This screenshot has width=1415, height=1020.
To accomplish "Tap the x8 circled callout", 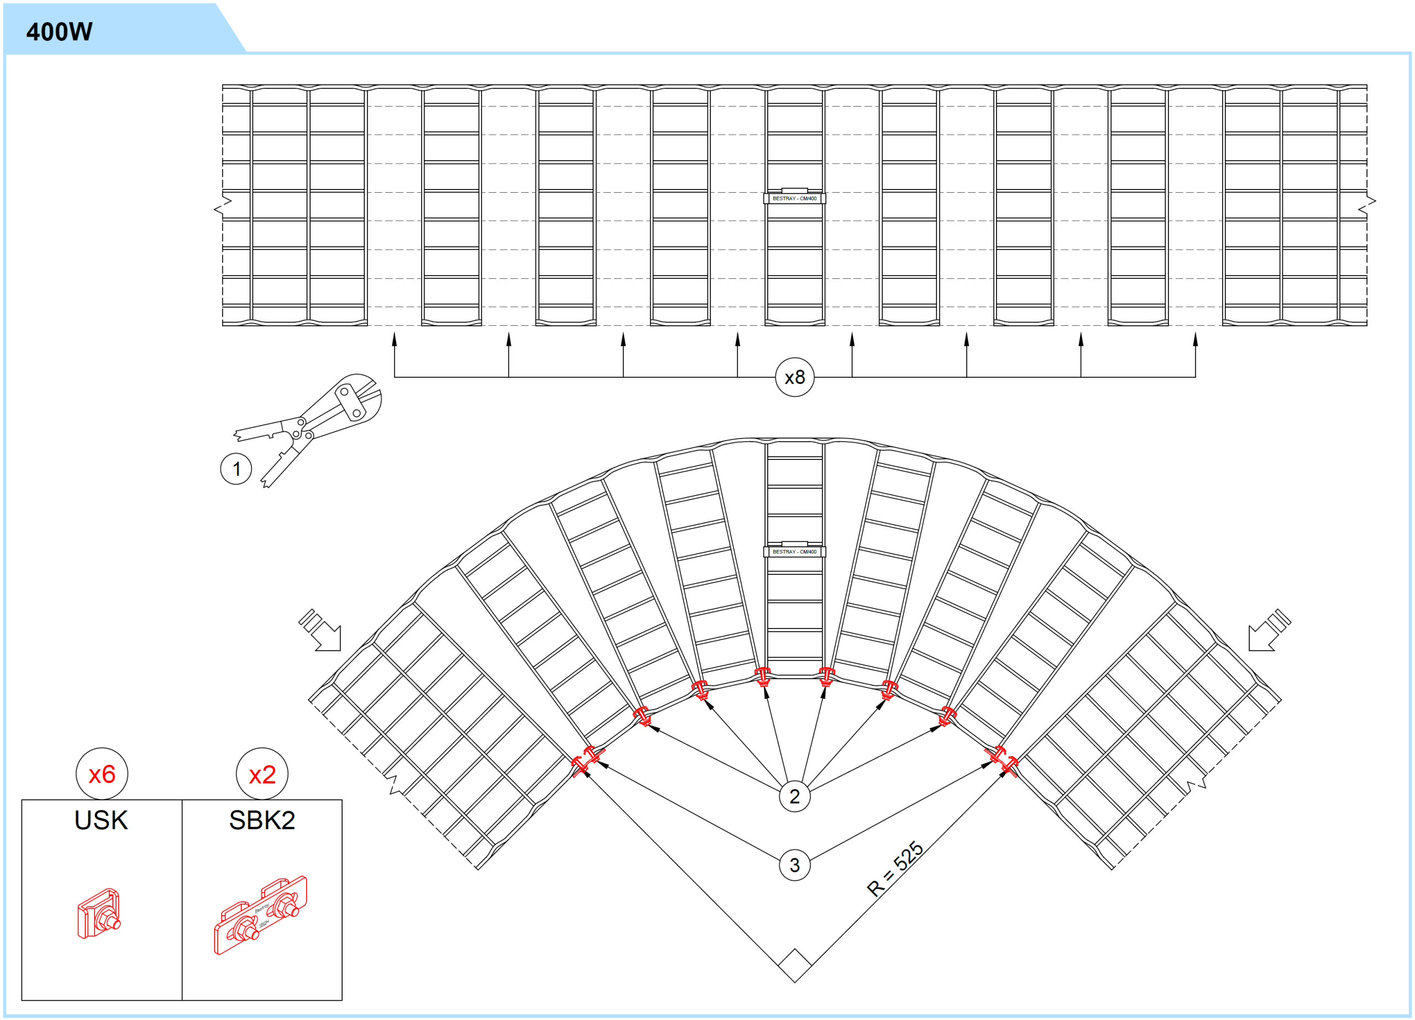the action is [794, 377].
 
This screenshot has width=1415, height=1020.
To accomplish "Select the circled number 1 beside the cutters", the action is [236, 469].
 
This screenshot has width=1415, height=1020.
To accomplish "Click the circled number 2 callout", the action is [794, 796].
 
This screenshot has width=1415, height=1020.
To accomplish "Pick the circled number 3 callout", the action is [794, 865].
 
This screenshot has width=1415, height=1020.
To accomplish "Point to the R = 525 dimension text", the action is [895, 869].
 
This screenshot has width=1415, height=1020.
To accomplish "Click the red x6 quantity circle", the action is [102, 774].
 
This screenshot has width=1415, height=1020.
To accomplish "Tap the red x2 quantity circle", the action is [262, 774].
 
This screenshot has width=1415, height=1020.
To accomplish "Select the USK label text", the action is [101, 820].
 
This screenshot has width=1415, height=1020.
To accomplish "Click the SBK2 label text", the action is [262, 820].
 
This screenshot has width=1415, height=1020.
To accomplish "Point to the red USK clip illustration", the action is [98, 913].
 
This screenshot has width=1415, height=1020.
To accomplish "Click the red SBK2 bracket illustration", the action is [261, 915].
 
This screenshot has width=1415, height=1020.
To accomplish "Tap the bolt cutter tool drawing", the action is [307, 429].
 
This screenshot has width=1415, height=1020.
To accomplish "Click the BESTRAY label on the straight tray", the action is [794, 198].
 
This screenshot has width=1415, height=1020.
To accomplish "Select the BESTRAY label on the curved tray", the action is [794, 552].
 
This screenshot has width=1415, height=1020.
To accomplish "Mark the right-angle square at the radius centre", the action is [795, 966].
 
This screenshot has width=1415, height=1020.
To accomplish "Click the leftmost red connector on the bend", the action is [586, 760].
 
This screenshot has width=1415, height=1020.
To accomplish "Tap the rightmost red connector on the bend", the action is [1002, 760].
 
